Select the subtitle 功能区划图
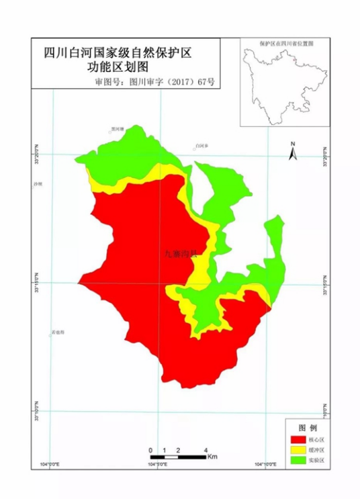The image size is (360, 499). tap(122, 67)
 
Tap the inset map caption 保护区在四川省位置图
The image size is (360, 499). tap(287, 42)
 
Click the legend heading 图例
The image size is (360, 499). tap(307, 427)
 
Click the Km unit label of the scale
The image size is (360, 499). tap(212, 457)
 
